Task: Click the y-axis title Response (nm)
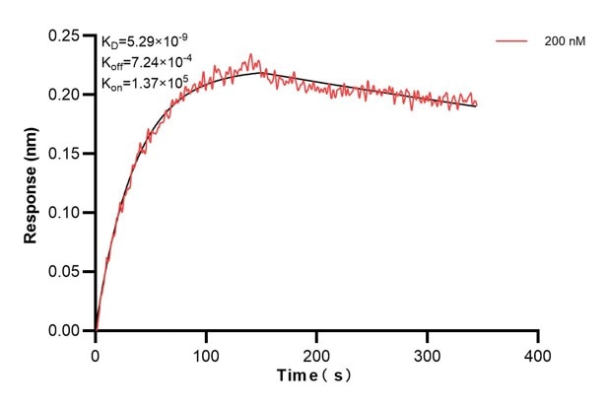point(32,183)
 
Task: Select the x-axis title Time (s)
point(316,376)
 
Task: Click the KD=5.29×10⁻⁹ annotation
point(145,41)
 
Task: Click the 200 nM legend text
point(561,42)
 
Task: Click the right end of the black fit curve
point(476,105)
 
